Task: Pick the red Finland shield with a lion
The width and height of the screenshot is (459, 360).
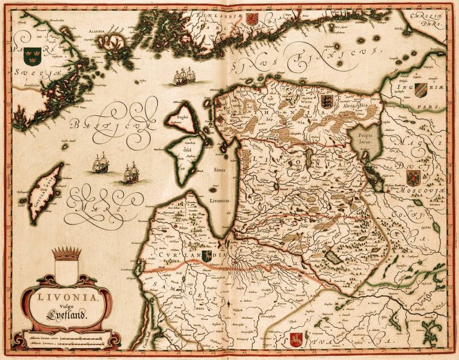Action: pyautogui.click(x=251, y=19)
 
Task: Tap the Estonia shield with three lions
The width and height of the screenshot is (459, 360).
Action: pyautogui.click(x=326, y=100)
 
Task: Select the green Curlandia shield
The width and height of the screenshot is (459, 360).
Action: pyautogui.click(x=207, y=256)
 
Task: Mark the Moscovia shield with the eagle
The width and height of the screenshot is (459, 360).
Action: pyautogui.click(x=412, y=177)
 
